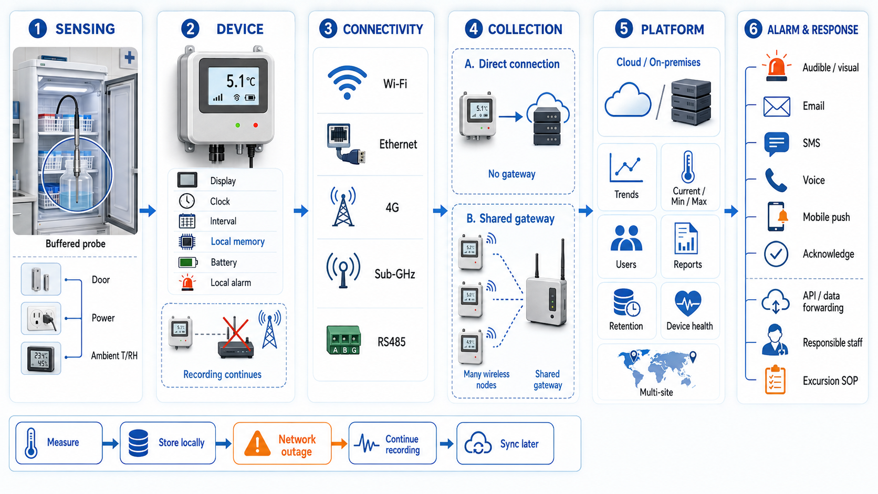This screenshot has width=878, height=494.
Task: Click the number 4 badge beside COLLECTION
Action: click(474, 29)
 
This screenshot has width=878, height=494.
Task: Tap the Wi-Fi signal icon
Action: click(347, 82)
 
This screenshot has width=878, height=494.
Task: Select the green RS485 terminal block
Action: click(344, 340)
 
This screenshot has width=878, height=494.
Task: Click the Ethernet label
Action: click(398, 144)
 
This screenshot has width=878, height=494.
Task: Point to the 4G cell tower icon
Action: click(343, 206)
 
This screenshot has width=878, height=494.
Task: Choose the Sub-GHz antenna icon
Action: click(343, 271)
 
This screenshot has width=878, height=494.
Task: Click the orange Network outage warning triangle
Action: click(257, 444)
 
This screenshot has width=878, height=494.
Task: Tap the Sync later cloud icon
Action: click(478, 443)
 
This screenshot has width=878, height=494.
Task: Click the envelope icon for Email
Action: click(777, 106)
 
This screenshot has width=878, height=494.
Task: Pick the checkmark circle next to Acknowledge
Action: click(776, 254)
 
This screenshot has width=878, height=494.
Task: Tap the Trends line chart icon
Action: click(626, 167)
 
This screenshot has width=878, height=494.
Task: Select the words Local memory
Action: click(237, 241)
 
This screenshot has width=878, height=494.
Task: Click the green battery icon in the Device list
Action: click(188, 262)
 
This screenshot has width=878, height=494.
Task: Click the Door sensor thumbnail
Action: click(41, 279)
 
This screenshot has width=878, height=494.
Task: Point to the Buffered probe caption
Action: click(76, 244)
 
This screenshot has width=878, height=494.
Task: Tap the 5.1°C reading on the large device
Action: click(241, 81)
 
